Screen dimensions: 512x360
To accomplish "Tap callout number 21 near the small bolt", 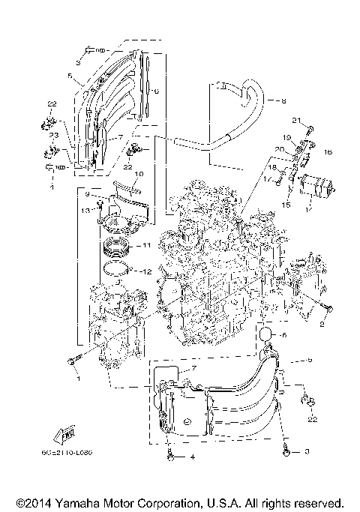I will tap(296, 121).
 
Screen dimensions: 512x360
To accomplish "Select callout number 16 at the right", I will tap(327, 152).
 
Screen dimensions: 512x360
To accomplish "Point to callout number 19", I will tap(286, 138).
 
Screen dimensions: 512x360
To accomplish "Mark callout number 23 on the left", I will tap(54, 135).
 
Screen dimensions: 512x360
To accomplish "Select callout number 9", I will tap(87, 195).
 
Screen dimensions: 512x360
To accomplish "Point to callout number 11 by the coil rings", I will tap(146, 245).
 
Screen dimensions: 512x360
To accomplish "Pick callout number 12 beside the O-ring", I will tap(146, 271).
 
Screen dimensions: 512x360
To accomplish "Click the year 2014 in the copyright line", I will tap(34, 502).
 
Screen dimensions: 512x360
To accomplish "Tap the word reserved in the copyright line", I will tap(319, 502).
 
